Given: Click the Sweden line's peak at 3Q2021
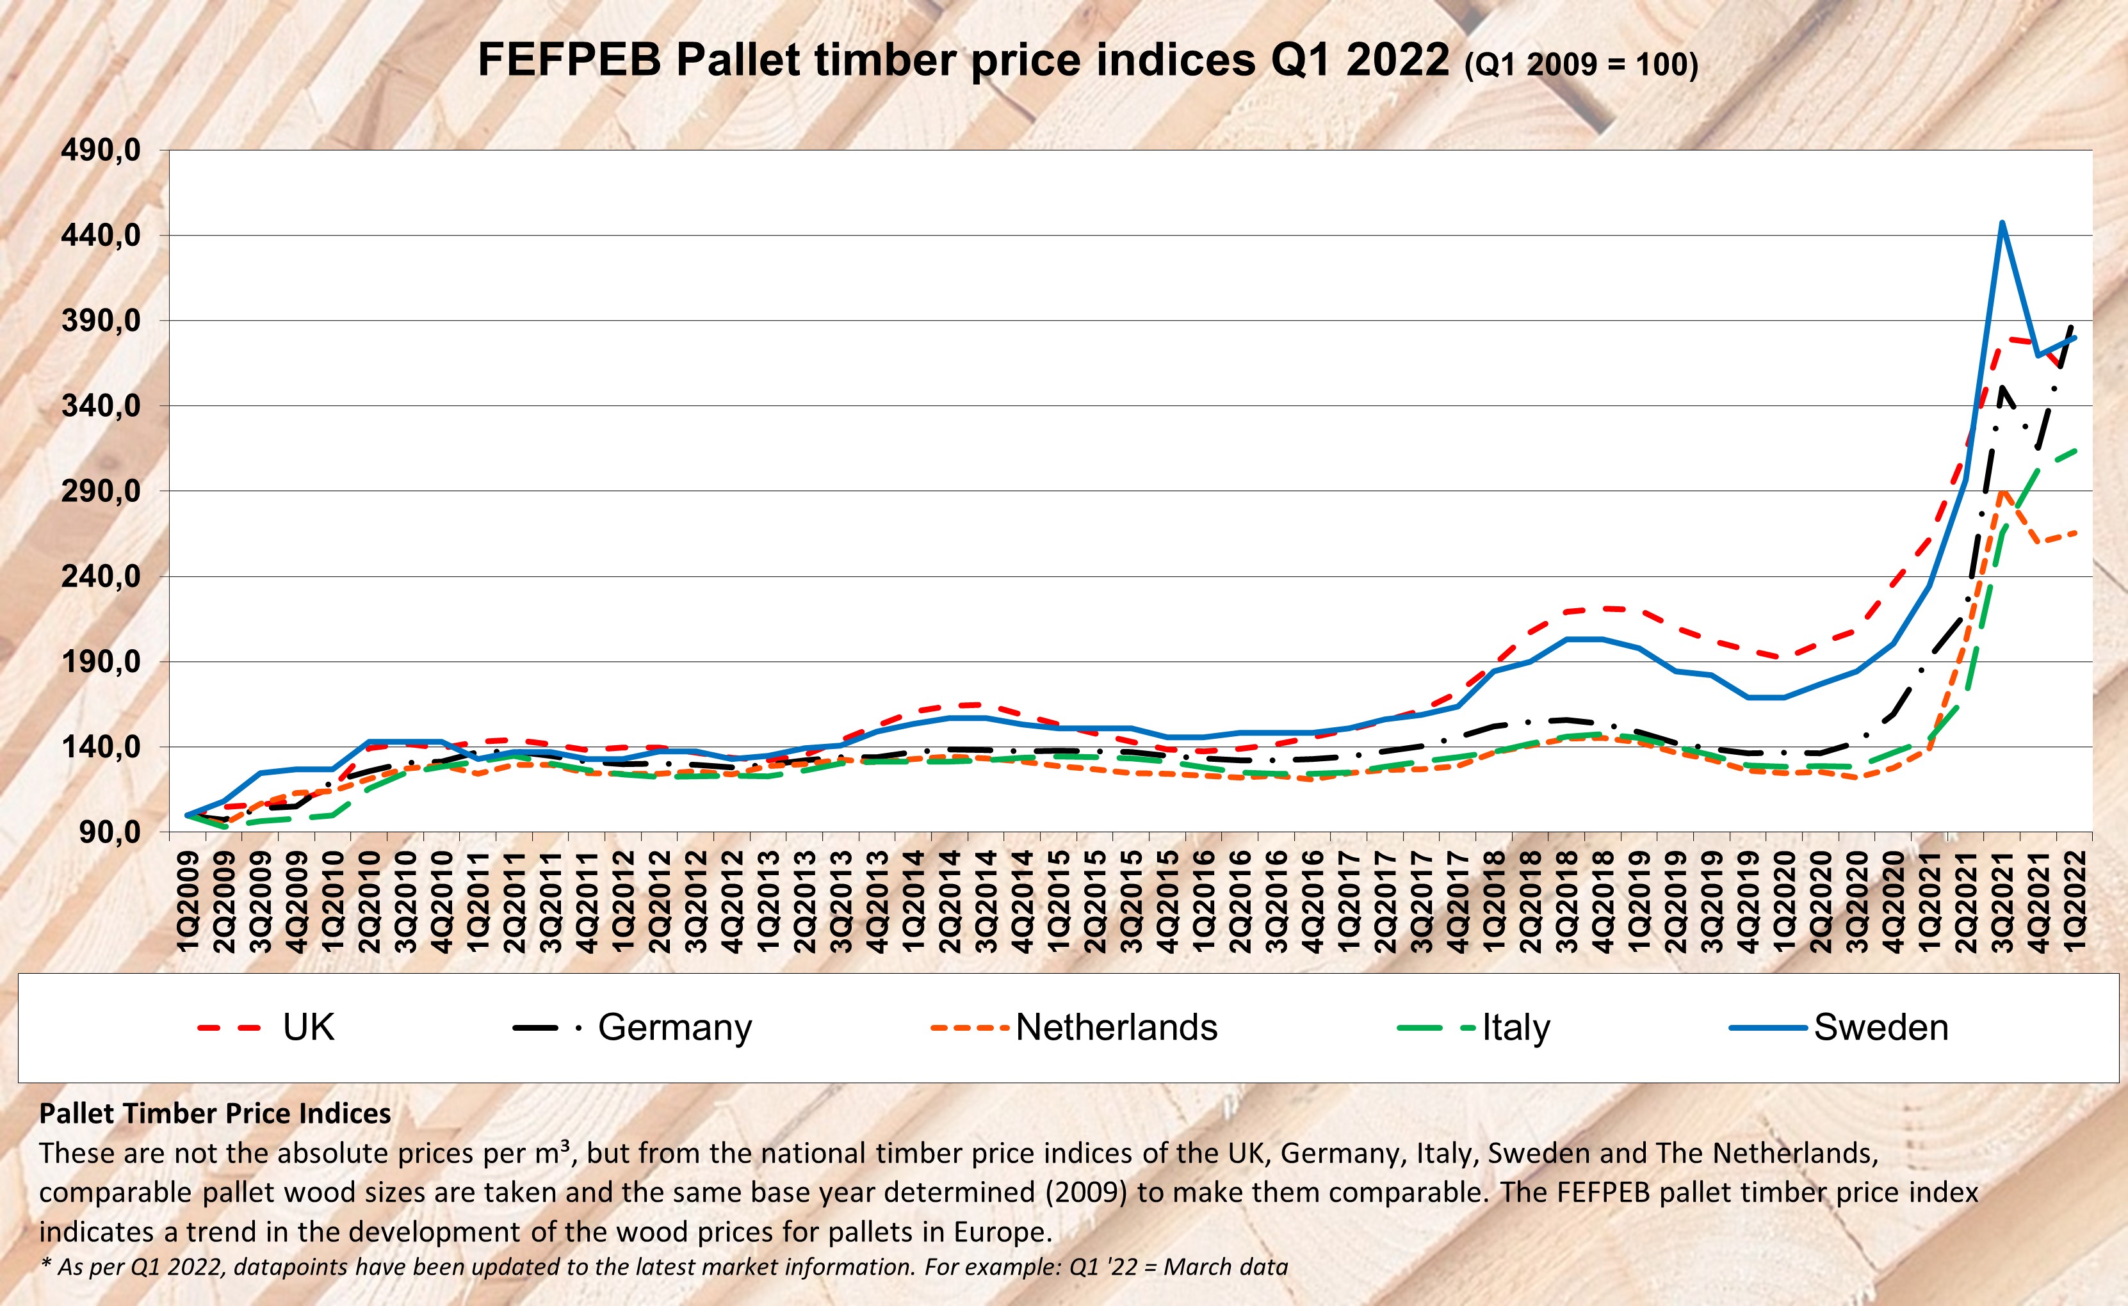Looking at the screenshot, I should [2002, 223].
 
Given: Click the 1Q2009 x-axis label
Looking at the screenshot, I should [188, 901].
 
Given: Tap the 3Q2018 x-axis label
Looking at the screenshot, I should [1567, 901].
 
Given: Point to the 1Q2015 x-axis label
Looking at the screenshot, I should [1059, 901].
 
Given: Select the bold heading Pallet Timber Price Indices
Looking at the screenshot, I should [215, 1114].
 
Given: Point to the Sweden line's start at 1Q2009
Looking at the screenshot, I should [188, 814].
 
